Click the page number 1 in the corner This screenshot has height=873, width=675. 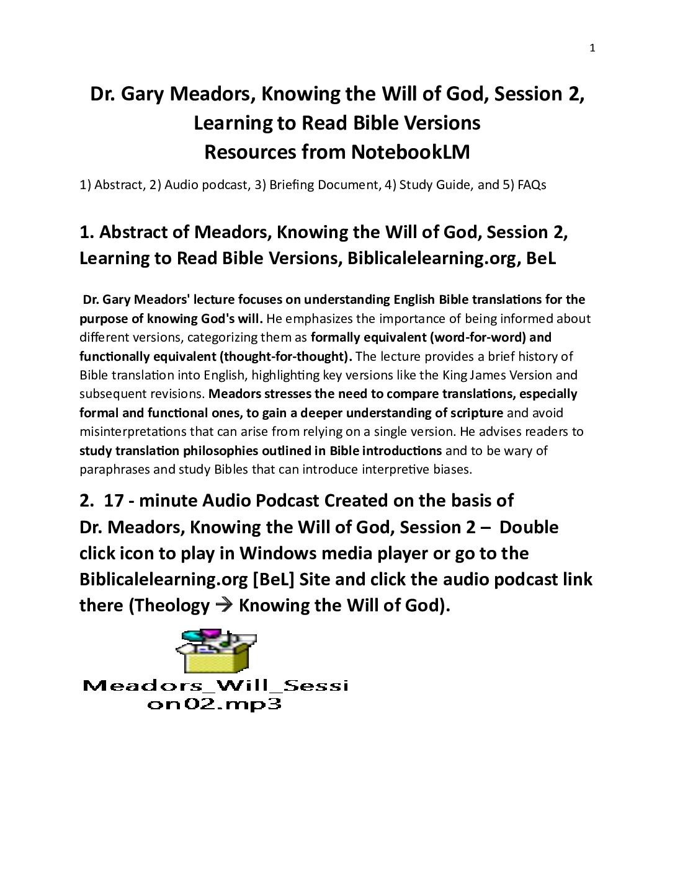tap(592, 48)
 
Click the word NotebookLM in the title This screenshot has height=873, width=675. tap(410, 152)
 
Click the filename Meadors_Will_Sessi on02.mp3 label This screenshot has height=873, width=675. tap(215, 694)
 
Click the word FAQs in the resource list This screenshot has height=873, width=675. tap(532, 185)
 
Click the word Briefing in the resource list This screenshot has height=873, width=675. tap(290, 185)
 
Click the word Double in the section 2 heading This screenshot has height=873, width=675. tap(529, 527)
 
